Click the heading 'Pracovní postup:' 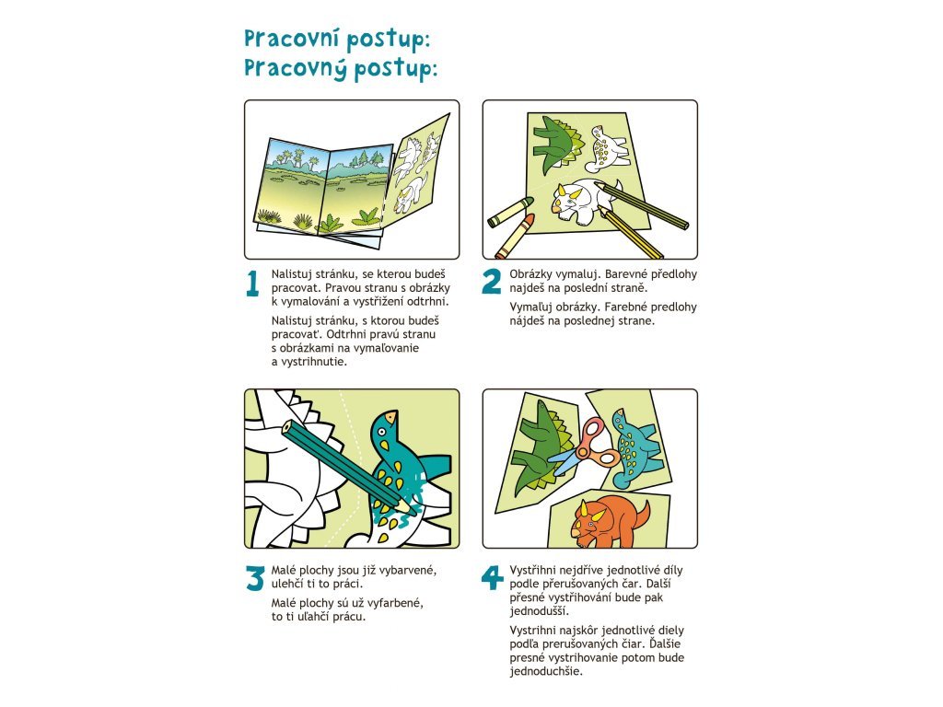click(x=337, y=39)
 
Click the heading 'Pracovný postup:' click(x=341, y=68)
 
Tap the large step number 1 click(x=252, y=284)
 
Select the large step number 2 click(x=492, y=281)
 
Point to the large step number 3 click(x=255, y=578)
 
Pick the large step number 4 click(x=492, y=577)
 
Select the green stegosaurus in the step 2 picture click(x=557, y=143)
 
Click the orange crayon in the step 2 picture click(x=515, y=235)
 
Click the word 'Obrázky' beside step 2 click(x=531, y=274)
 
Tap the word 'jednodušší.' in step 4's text click(x=540, y=611)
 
